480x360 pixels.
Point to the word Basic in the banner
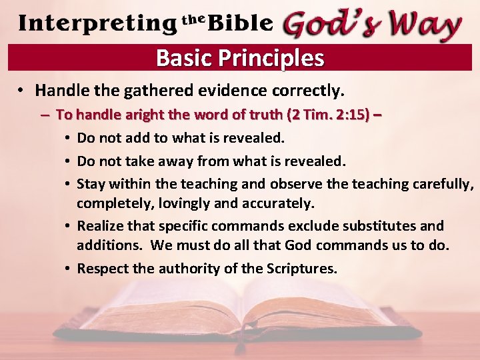(183, 58)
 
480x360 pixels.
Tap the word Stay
(91, 183)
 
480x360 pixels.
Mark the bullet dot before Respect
(69, 269)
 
